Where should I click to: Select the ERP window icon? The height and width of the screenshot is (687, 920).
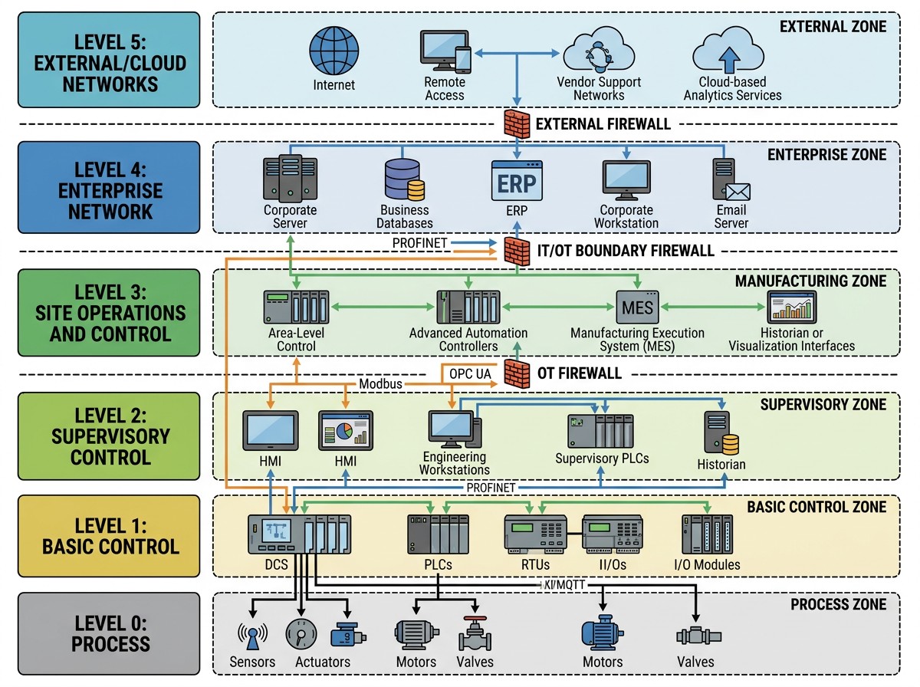[517, 181]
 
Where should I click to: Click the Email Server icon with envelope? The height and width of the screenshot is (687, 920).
[731, 181]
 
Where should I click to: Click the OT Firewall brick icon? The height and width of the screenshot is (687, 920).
[517, 373]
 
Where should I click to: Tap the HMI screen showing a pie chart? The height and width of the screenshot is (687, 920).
[346, 430]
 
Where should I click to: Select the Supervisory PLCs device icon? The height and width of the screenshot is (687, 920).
[601, 432]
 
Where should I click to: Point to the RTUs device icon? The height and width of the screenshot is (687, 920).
[534, 534]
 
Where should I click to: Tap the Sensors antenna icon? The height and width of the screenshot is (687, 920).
[252, 634]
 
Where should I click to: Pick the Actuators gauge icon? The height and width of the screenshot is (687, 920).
[300, 633]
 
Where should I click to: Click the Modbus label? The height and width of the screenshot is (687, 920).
[380, 383]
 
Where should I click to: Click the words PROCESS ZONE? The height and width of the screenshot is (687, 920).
[838, 605]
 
